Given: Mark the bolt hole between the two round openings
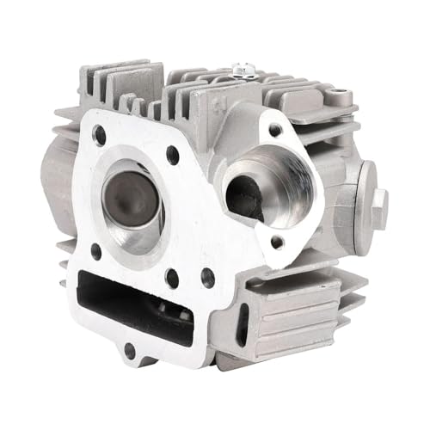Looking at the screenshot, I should pos(173,156).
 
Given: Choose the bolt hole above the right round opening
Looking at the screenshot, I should pos(275,130).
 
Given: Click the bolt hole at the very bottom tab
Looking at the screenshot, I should pos(129,350).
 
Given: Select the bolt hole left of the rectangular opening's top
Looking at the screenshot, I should pos(95,252).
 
